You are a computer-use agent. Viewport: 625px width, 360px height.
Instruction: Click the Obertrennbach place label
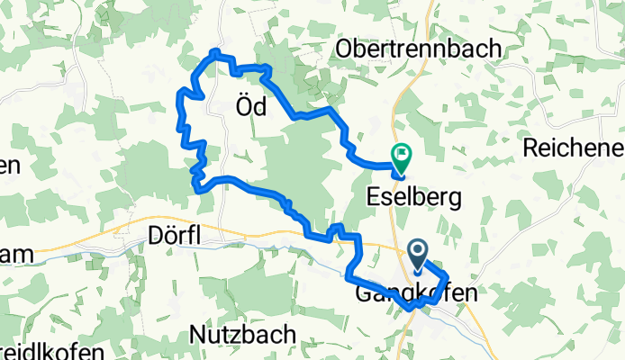click(x=418, y=49)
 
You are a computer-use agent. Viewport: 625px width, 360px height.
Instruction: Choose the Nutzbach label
click(x=243, y=334)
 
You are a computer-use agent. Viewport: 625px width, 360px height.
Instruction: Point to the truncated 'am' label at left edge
click(x=17, y=255)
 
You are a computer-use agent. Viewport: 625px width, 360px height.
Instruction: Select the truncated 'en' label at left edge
click(x=10, y=166)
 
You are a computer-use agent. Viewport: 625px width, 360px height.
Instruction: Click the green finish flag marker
click(x=400, y=158)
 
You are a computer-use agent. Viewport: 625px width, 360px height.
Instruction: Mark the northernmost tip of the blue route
click(x=215, y=50)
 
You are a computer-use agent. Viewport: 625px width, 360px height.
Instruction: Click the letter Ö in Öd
click(x=242, y=106)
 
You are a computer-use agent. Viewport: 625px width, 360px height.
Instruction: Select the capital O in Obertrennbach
click(x=345, y=49)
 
